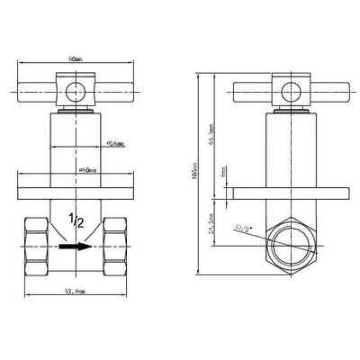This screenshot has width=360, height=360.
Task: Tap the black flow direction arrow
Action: click(x=75, y=245)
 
